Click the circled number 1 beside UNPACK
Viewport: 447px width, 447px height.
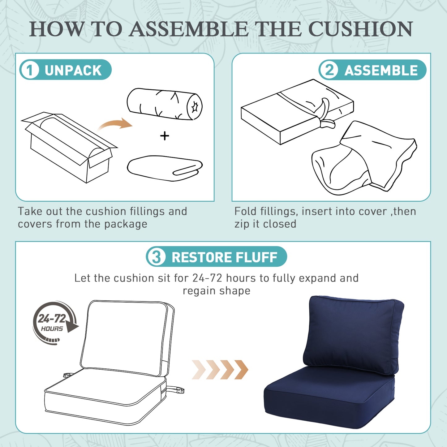(29, 70)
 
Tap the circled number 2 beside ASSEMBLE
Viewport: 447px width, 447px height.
(329, 70)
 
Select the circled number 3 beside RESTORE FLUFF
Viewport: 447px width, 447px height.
(156, 257)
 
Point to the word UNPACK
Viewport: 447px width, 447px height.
(73, 70)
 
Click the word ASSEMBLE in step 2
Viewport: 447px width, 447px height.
(381, 70)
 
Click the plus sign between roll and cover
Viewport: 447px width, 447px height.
(165, 136)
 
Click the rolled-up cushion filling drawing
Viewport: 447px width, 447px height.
(165, 104)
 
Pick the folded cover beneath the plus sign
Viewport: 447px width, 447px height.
(165, 168)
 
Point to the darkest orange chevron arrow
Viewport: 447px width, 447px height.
(242, 370)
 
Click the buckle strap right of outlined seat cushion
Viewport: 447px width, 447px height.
(176, 390)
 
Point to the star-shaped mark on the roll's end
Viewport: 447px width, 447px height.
(194, 107)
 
